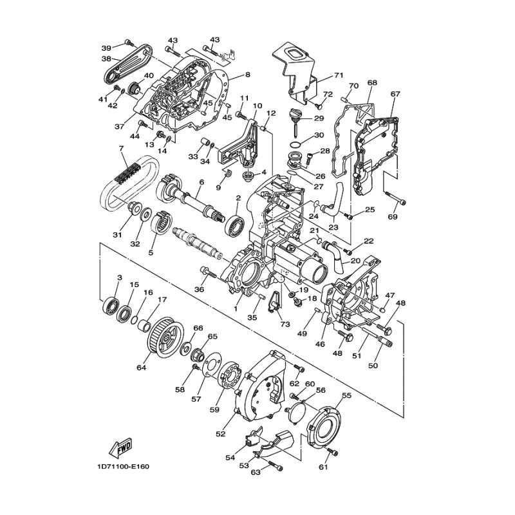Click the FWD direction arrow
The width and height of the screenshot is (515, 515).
pos(121,447)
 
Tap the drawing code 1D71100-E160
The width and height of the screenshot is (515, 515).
pos(123,466)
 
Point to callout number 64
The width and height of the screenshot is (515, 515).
pos(141,368)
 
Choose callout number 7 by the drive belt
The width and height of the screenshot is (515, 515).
pos(121,149)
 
